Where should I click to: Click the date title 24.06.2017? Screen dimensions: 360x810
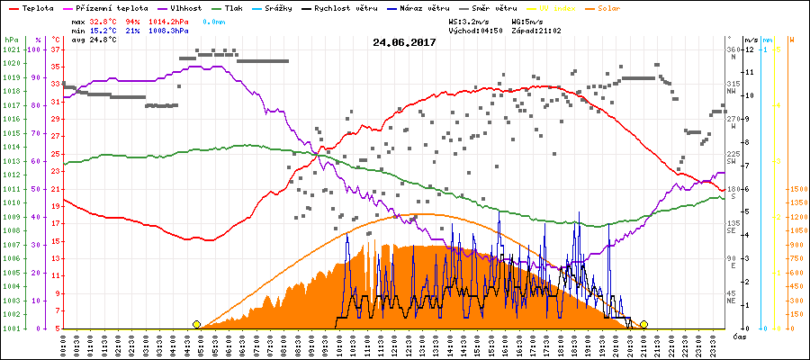pyautogui.click(x=404, y=41)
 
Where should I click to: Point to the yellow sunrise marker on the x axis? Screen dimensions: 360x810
pyautogui.click(x=196, y=324)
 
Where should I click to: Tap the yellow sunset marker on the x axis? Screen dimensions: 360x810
pyautogui.click(x=643, y=324)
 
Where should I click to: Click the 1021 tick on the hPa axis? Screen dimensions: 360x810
pyautogui.click(x=11, y=49)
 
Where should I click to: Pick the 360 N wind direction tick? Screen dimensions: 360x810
pyautogui.click(x=733, y=53)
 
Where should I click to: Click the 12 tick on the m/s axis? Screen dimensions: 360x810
pyautogui.click(x=750, y=49)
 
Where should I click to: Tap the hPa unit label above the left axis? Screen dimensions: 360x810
pyautogui.click(x=11, y=40)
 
